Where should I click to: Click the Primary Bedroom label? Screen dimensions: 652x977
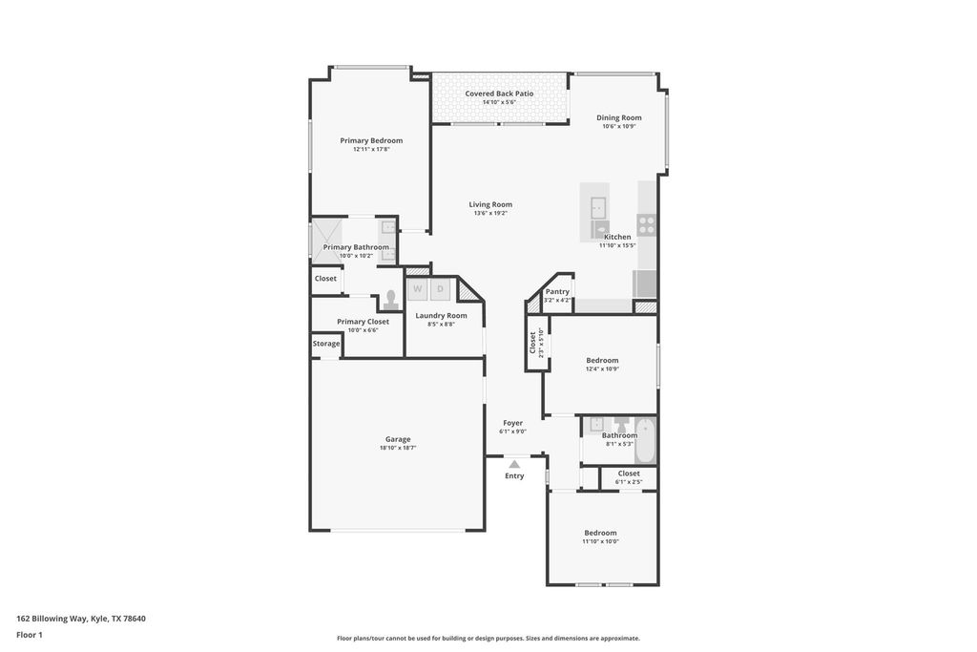371,140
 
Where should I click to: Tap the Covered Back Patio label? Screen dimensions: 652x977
499,94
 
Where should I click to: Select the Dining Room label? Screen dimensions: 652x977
618,117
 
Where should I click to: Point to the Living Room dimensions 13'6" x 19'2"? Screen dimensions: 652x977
490,213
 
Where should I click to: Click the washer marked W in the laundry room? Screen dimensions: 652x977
417,288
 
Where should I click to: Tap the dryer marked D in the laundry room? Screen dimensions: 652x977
440,288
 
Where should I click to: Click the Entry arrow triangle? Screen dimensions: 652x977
514,464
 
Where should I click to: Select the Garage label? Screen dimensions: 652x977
398,439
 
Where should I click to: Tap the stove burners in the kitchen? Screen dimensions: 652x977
647,225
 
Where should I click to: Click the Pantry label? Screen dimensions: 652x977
557,291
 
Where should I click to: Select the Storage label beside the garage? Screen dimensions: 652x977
326,344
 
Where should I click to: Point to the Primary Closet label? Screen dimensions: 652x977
363,322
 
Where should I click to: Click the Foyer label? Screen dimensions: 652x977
513,423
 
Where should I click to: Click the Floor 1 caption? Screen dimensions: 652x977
30,635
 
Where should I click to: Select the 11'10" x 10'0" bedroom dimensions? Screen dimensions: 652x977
600,541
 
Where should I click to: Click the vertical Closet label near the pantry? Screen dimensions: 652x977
532,343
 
